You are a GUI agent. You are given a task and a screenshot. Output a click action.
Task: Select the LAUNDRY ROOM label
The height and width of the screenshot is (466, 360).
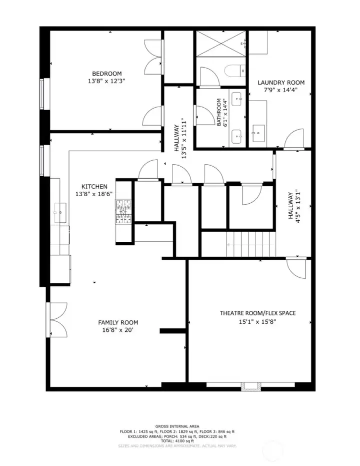(x=280, y=83)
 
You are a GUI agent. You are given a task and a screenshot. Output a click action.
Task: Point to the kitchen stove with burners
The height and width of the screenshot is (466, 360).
(x=123, y=211)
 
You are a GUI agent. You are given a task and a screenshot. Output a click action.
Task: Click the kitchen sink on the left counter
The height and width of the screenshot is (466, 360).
(x=60, y=212)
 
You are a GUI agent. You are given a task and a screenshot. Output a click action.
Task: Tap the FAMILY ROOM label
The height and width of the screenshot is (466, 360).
(x=118, y=322)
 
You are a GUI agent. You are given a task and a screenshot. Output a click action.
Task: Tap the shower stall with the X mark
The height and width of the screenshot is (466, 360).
(x=220, y=44)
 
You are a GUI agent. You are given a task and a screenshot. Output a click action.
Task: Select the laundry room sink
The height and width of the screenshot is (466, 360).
(x=259, y=133)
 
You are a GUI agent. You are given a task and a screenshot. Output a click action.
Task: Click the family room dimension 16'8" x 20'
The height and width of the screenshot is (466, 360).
(x=118, y=330)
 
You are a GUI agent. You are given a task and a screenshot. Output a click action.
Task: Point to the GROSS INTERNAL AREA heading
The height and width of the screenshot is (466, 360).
(x=177, y=426)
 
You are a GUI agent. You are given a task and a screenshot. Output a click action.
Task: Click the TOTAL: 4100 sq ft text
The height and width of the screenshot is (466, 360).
(x=177, y=440)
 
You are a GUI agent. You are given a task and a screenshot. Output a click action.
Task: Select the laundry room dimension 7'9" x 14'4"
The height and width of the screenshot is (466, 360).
(x=280, y=90)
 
